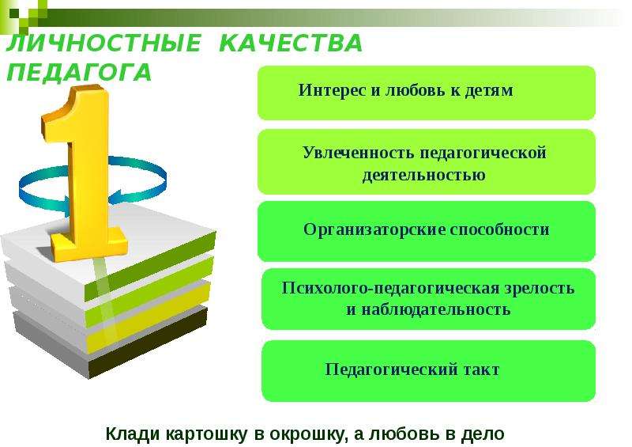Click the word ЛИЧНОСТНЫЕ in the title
click(x=103, y=44)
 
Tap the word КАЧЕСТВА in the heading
click(x=291, y=44)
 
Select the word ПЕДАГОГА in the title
click(x=79, y=73)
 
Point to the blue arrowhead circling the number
click(x=118, y=196)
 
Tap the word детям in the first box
click(x=489, y=90)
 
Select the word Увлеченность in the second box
click(x=358, y=153)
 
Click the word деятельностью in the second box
click(x=423, y=175)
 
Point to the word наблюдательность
click(x=435, y=309)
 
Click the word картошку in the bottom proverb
click(x=207, y=434)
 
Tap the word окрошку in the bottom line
click(x=309, y=434)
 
